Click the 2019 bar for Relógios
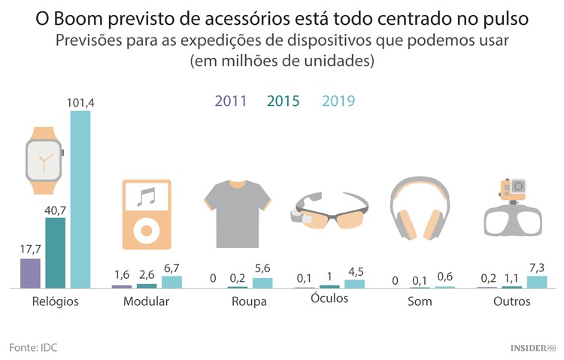pos(80,200)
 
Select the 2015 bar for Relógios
pos(55,253)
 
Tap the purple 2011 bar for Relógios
pos(30,274)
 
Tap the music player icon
pos(146,214)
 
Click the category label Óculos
pos(329,298)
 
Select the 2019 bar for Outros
pos(537,282)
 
